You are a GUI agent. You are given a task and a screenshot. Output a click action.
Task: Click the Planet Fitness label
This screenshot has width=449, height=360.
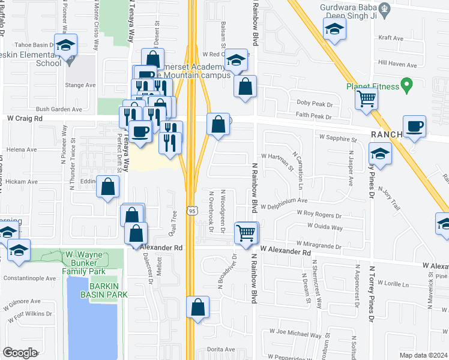(372, 86)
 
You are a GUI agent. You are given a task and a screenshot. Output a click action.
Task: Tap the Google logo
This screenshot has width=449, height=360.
(19, 353)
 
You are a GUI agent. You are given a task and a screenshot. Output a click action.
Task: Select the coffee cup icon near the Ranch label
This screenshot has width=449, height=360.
(415, 127)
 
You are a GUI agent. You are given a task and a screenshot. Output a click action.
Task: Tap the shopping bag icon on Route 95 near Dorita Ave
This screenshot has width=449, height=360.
(198, 308)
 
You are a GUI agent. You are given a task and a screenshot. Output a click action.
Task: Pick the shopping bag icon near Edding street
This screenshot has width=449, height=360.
(108, 187)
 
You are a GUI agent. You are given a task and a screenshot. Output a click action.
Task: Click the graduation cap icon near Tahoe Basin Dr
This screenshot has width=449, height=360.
(65, 44)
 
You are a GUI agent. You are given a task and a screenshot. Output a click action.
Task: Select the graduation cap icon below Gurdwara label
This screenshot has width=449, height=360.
(334, 29)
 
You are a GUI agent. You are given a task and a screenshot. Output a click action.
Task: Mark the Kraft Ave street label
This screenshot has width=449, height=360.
(391, 38)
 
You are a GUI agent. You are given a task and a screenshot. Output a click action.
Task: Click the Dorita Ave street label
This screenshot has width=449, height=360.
(221, 349)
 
